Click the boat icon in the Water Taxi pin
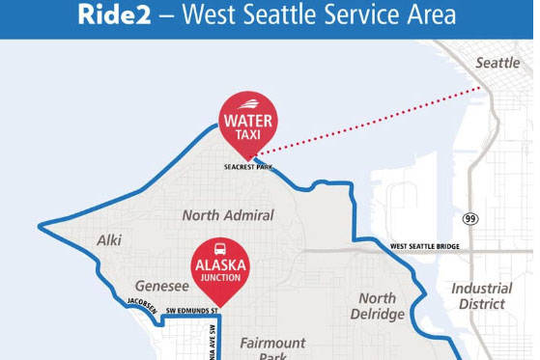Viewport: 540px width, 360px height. coord(248,104)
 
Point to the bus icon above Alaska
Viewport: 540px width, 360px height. coord(221,247)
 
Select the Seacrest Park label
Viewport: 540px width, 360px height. coord(247,167)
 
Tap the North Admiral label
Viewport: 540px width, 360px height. coord(228,215)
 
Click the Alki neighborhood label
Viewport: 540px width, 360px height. coord(109,239)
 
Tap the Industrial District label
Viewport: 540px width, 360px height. coord(481,295)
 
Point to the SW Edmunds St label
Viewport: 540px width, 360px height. coord(192,311)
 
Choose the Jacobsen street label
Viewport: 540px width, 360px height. coord(141,304)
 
